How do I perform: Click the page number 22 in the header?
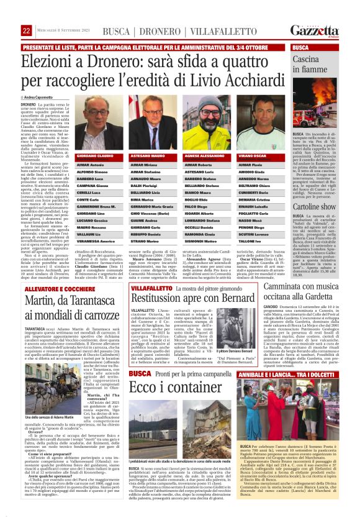pyautogui.click(x=27, y=30)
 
